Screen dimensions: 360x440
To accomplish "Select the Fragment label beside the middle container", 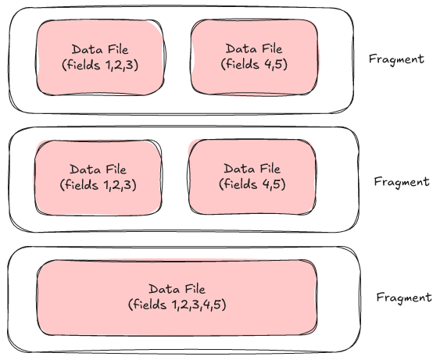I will point(402,181).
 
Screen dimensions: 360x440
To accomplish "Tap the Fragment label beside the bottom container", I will point(403,298).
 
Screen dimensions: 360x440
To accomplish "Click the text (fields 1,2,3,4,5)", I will point(177,304).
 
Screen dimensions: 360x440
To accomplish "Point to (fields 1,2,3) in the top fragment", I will point(102,65).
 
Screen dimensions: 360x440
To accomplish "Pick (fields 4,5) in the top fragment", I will point(255,65).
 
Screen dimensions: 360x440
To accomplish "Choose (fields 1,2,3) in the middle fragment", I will point(98,185).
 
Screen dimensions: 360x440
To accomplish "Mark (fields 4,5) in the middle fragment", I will point(252,184).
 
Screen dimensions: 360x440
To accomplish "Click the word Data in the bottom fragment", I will point(163,289).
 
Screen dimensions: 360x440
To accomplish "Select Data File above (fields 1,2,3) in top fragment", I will point(102,49).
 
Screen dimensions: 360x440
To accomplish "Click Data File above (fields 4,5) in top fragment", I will point(255,48).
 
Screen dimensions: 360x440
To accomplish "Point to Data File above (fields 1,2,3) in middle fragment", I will point(98,169).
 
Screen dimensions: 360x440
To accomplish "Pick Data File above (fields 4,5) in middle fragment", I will point(252,169).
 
